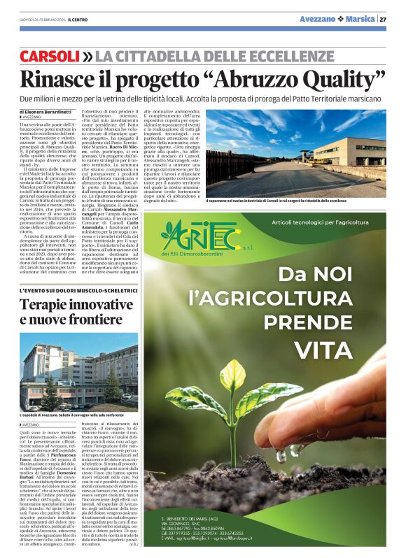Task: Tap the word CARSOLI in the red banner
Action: [x=50, y=55]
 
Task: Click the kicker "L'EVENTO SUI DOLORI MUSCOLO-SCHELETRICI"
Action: [x=67, y=289]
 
